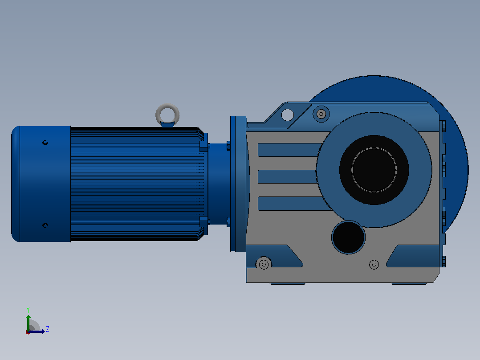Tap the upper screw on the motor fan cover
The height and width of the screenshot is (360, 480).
45,143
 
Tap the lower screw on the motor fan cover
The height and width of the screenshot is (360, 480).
45,225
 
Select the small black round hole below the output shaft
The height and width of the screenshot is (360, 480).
348,237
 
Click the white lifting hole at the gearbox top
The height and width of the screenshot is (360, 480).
288,115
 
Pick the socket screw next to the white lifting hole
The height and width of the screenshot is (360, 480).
321,114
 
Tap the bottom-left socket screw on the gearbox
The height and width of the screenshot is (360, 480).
264,264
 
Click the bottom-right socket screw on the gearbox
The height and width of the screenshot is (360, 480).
374,264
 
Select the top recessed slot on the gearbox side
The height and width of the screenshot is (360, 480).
289,150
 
